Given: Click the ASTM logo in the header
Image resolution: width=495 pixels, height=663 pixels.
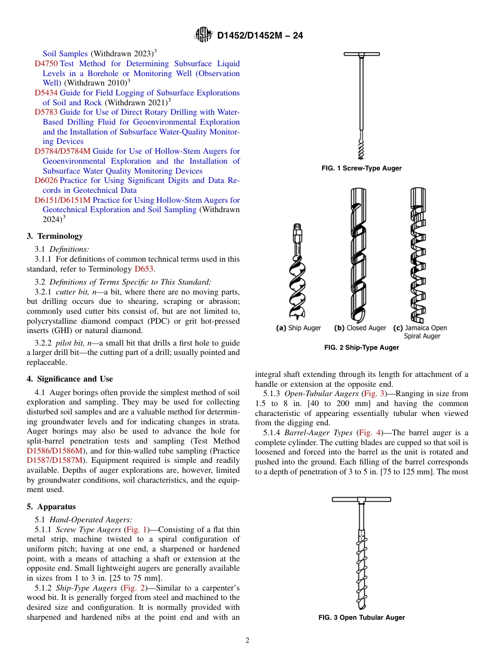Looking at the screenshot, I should click(203, 35).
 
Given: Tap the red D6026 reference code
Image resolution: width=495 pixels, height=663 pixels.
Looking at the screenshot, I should click(46, 180).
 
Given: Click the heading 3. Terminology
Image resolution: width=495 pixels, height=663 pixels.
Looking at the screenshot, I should click(55, 236).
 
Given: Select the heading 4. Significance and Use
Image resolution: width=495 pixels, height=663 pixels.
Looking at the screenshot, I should click(70, 379).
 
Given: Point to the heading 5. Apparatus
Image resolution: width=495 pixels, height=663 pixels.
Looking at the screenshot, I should click(51, 507).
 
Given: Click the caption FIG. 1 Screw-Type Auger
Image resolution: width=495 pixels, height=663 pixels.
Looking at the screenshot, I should click(362, 168).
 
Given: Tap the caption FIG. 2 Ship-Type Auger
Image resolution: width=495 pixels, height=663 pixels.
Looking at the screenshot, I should click(362, 348).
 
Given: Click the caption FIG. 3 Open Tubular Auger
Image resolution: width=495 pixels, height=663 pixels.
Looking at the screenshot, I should click(362, 618).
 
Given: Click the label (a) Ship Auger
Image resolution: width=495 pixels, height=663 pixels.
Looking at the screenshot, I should click(299, 328).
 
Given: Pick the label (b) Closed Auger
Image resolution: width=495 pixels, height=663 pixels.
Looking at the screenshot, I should click(360, 328).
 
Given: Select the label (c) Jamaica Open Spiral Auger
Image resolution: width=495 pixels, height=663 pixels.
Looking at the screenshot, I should click(420, 332).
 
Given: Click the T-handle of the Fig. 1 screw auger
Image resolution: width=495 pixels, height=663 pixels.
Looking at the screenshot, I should click(362, 54).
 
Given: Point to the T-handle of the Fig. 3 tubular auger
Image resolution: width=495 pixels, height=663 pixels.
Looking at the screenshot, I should click(362, 499).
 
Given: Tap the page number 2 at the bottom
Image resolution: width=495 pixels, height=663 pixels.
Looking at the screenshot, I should click(247, 641).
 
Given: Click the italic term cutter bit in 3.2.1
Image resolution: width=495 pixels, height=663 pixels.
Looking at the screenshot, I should click(71, 292).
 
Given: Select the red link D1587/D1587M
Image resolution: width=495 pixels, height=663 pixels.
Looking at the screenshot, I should click(55, 460).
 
